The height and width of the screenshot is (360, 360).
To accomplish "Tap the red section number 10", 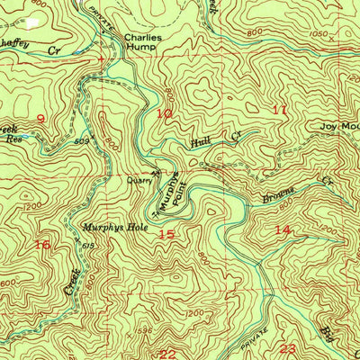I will (163, 114).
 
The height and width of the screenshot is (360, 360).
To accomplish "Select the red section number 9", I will (40, 119).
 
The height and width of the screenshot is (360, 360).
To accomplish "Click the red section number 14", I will (283, 230).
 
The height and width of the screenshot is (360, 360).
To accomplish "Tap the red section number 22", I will (167, 354).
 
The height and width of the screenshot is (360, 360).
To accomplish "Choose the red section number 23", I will (288, 348).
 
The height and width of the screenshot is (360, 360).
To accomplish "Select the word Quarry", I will (138, 179).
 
